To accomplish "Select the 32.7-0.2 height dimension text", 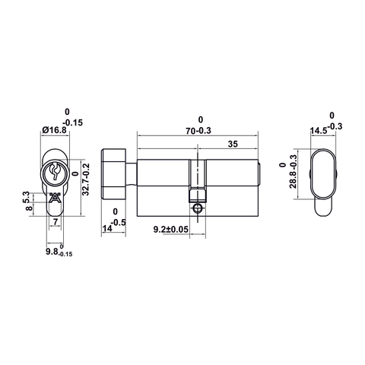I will [x=86, y=176].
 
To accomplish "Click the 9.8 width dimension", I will [x=55, y=252].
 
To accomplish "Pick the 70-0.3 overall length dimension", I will [x=199, y=130].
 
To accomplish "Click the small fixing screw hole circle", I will [x=198, y=206].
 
